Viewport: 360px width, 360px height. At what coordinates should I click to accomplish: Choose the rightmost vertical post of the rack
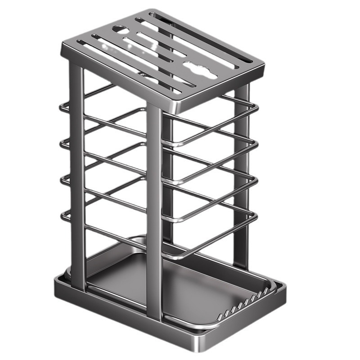(x=241, y=180)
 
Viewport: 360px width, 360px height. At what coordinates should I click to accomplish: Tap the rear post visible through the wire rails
(x=167, y=180)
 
